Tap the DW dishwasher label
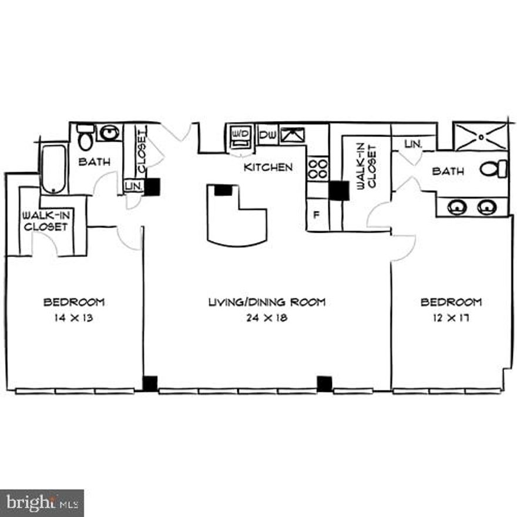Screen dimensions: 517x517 [x=267, y=136]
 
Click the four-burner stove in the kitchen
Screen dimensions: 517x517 [x=318, y=169]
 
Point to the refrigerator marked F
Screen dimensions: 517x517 [x=317, y=214]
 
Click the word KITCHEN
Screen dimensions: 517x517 [x=268, y=167]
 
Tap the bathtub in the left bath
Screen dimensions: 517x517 [x=53, y=169]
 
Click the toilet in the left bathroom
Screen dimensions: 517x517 [x=86, y=136]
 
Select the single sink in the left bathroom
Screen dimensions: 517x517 [x=109, y=133]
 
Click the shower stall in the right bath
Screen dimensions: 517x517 [x=480, y=137]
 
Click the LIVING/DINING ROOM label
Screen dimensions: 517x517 [x=267, y=303]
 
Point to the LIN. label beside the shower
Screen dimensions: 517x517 [x=413, y=144]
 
